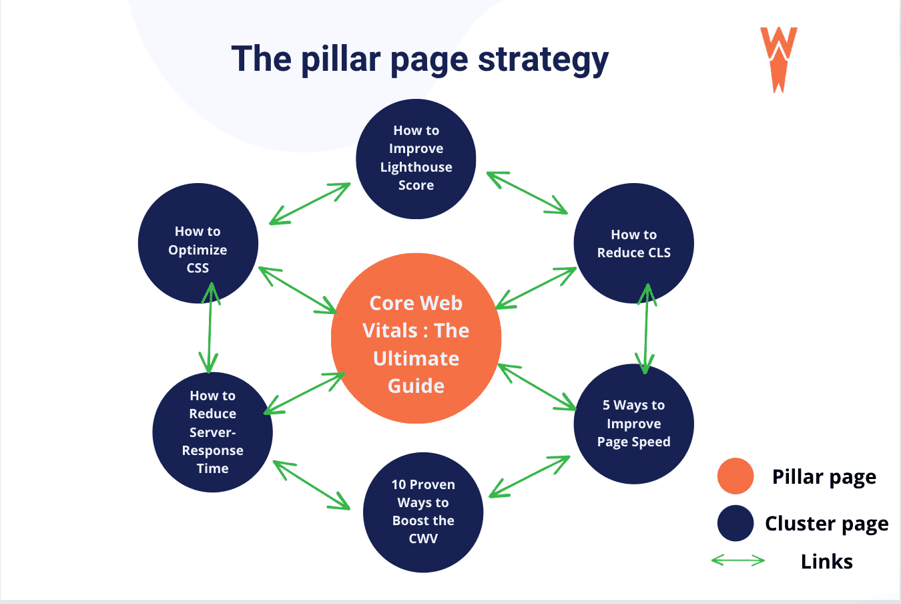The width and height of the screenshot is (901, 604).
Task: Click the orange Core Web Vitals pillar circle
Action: (416, 338)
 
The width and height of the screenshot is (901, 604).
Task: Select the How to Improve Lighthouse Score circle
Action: (416, 159)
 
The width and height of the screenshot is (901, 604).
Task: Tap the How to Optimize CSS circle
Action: (198, 243)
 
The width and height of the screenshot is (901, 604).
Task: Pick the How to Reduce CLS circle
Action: (633, 243)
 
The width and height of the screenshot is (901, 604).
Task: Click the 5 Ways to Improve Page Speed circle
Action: (633, 424)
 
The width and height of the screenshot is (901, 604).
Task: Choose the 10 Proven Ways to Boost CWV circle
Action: (423, 512)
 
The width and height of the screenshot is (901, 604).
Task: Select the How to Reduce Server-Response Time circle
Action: (212, 432)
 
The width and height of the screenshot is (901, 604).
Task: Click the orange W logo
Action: (778, 59)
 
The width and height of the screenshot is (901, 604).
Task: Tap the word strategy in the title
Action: (543, 60)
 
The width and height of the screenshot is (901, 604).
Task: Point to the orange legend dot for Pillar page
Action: (735, 476)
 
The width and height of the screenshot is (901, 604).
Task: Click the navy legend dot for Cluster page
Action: (735, 522)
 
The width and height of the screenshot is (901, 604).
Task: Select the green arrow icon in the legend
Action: (737, 561)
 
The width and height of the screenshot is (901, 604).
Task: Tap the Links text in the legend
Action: (826, 561)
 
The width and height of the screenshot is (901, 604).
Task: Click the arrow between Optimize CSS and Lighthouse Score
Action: (310, 204)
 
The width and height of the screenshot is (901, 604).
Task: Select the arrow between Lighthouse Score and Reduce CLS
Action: (527, 193)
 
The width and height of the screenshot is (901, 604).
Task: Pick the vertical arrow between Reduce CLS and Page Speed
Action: (646, 329)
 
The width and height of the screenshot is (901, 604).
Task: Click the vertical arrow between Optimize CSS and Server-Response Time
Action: (210, 327)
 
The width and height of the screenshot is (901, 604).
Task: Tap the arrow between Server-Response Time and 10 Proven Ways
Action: (312, 485)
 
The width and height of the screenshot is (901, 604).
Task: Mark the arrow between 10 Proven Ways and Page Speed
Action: (530, 476)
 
